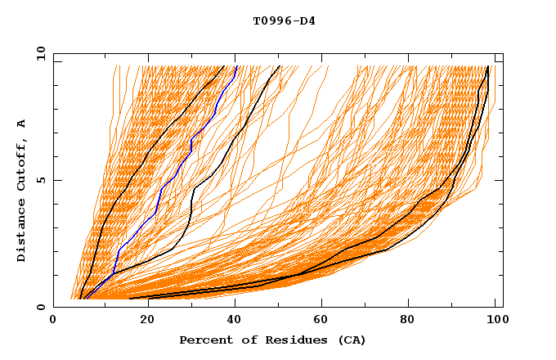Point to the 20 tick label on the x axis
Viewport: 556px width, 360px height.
coord(147,322)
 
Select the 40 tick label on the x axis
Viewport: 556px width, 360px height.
coord(235,322)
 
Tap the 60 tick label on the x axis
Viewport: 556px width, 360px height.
coord(324,322)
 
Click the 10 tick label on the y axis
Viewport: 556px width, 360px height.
coord(39,53)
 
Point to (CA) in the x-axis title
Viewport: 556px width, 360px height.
coord(349,340)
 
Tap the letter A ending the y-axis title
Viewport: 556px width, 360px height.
coord(21,123)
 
